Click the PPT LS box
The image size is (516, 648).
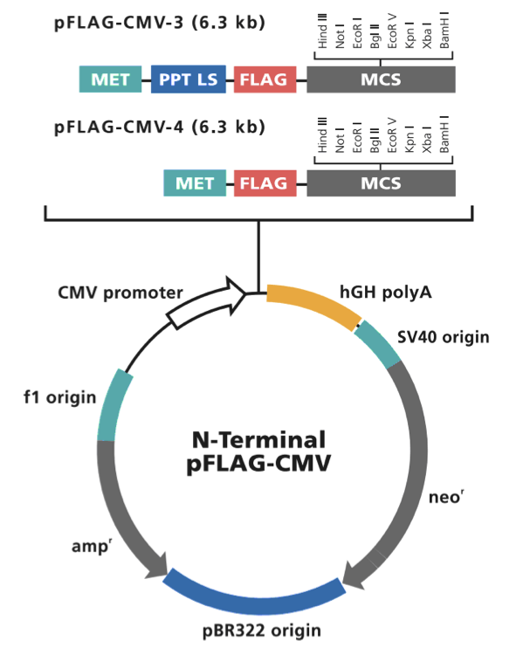click(188, 79)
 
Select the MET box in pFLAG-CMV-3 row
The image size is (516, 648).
click(110, 79)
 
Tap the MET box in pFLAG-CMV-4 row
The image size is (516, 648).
click(195, 183)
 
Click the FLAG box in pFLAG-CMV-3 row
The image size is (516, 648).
click(264, 79)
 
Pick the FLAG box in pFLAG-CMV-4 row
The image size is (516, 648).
click(264, 183)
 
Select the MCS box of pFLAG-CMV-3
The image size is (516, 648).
click(381, 79)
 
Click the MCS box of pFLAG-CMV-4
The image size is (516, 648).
click(381, 183)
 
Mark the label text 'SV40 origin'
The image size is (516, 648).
click(443, 337)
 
